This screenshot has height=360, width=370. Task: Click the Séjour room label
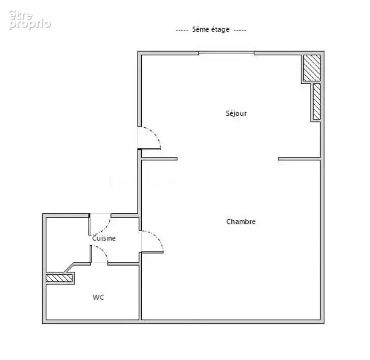(236, 113)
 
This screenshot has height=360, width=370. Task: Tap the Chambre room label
(241, 222)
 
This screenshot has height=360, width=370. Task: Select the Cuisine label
(104, 238)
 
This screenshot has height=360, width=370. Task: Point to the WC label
(98, 297)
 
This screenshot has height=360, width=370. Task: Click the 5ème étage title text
(211, 30)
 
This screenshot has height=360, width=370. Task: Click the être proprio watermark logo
(30, 20)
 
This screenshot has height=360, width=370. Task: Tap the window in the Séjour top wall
(226, 53)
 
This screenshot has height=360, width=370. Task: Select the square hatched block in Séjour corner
(312, 68)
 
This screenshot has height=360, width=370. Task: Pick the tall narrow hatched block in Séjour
(317, 102)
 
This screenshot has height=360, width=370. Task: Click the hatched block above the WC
(59, 278)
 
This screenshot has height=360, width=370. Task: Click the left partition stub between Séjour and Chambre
(159, 159)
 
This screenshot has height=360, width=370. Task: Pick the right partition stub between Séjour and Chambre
(299, 159)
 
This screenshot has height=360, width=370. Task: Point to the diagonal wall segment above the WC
(69, 268)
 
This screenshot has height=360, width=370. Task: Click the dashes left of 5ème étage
(182, 30)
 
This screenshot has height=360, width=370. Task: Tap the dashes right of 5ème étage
(240, 30)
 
